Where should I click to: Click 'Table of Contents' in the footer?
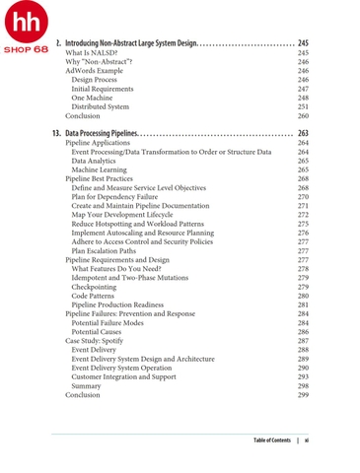click(x=271, y=439)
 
